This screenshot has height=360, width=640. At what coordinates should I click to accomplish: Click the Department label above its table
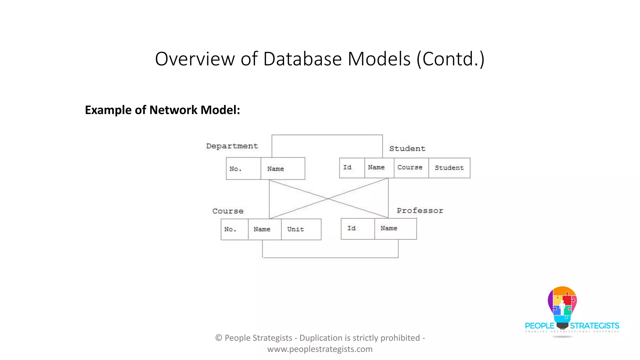232,146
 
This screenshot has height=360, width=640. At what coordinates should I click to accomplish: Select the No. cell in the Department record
243,169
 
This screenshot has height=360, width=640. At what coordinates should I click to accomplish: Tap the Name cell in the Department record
282,169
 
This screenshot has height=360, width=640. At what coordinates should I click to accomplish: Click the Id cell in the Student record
352,168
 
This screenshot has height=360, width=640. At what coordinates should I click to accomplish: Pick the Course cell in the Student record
411,168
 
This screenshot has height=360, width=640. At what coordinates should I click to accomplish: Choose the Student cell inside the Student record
449,168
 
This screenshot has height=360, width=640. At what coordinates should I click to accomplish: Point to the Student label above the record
407,149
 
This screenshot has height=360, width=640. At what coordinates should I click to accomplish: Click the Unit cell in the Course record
301,229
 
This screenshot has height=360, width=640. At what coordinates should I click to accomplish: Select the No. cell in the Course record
234,229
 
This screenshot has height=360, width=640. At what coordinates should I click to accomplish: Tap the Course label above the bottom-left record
228,211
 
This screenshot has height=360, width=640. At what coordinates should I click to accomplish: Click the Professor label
420,211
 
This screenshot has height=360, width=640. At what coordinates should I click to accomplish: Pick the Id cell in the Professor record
357,228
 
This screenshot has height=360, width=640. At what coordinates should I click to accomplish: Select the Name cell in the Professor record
395,228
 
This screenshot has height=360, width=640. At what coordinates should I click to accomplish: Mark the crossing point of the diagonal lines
328,198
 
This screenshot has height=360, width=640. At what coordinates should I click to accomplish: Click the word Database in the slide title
302,59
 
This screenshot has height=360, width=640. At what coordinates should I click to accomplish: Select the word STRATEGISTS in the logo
594,326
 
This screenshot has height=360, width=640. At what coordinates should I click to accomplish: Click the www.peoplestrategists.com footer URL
320,349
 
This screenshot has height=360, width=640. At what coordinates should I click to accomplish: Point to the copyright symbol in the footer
219,338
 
